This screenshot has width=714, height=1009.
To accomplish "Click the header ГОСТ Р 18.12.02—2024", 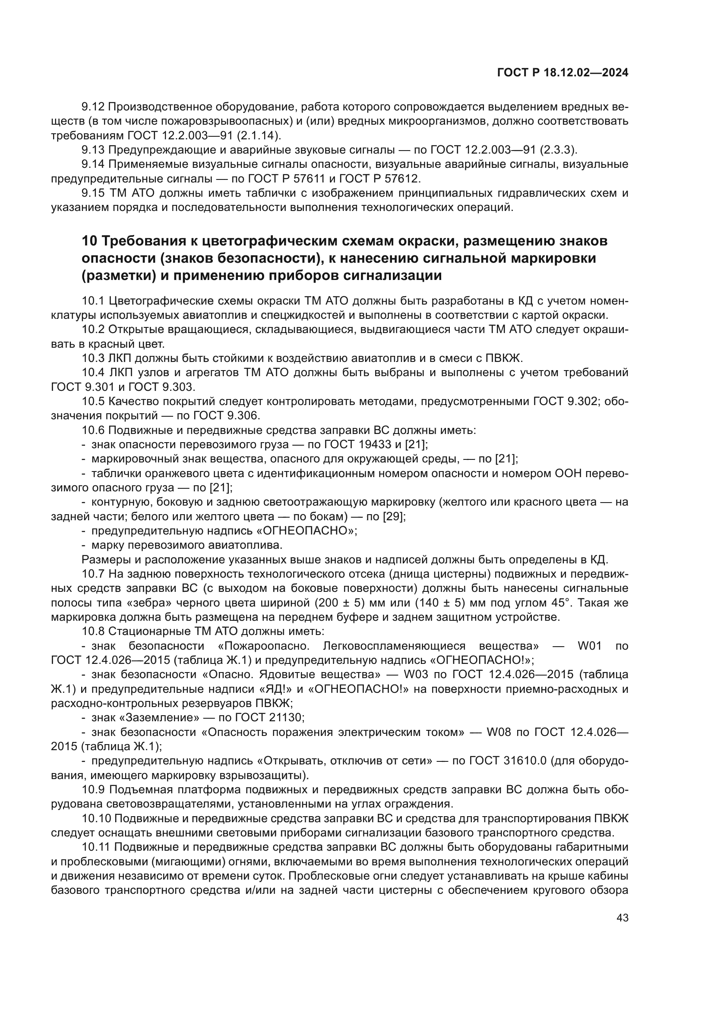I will pos(562,73).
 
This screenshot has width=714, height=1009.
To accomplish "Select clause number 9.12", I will pos(93,107).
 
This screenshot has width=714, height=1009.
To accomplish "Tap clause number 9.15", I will pos(93,193).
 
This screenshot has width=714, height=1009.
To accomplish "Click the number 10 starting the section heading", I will pos(89,241).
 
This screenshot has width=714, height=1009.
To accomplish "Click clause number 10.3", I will pos(93,358).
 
